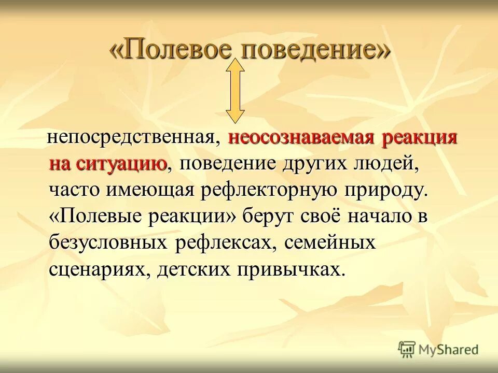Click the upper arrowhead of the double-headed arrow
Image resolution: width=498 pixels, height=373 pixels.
tap(236, 66)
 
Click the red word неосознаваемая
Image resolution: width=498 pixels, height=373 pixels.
tap(302, 138)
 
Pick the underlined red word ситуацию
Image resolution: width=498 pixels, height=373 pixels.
tap(122, 164)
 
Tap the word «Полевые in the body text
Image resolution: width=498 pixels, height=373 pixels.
tap(93, 217)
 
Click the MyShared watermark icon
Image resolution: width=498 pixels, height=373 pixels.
tap(407, 350)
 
